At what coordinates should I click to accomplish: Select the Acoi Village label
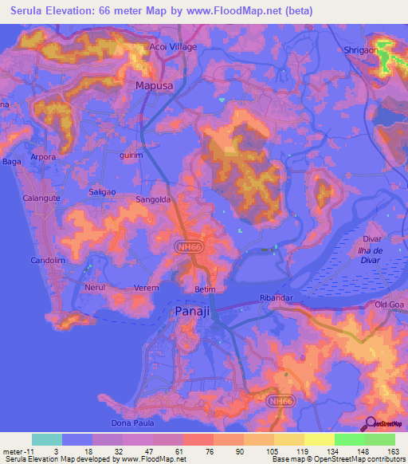(173, 48)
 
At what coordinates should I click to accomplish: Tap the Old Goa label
(391, 305)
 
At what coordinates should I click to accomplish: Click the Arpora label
(43, 157)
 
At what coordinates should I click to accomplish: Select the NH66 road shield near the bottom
(278, 401)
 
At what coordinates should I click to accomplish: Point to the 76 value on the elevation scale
(197, 450)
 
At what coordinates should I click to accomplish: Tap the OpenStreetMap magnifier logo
(370, 424)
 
